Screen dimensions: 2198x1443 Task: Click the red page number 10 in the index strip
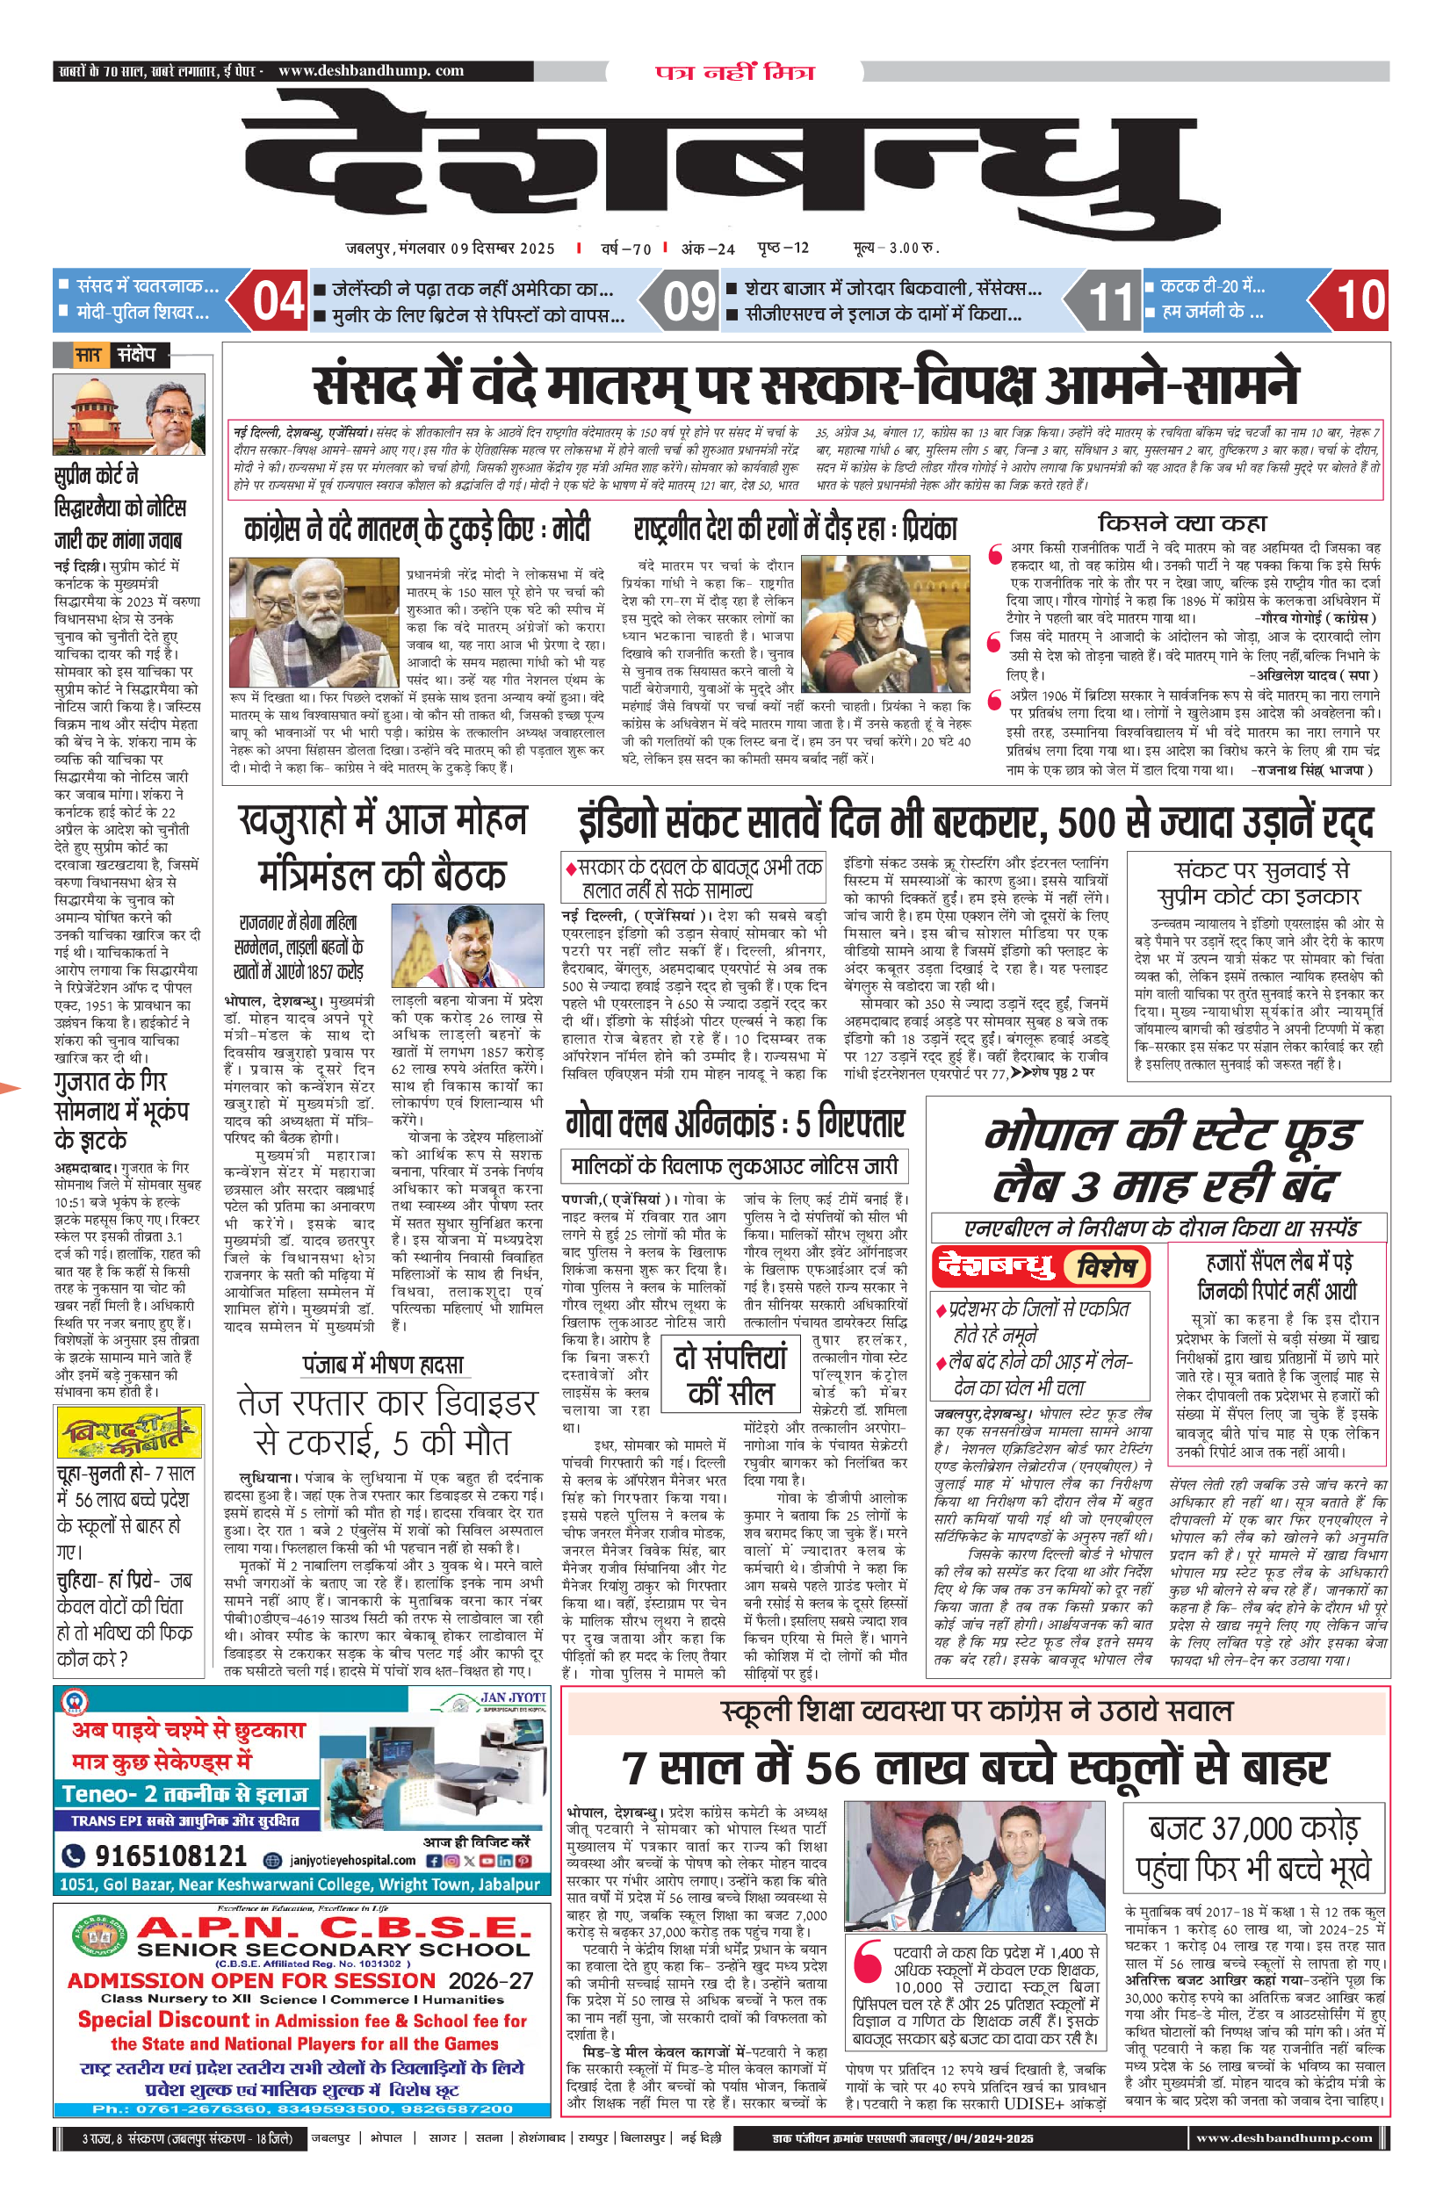(x=1360, y=300)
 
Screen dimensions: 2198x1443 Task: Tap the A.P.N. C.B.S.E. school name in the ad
(x=334, y=1928)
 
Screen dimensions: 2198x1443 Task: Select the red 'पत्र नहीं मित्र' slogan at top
(x=734, y=72)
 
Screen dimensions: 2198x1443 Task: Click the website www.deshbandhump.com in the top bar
(x=371, y=70)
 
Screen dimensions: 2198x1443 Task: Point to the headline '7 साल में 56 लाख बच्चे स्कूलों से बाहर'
(x=975, y=1768)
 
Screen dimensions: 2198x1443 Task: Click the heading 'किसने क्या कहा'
(x=1181, y=522)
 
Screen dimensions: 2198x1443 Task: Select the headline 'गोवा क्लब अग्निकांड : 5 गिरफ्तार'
(x=735, y=1123)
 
